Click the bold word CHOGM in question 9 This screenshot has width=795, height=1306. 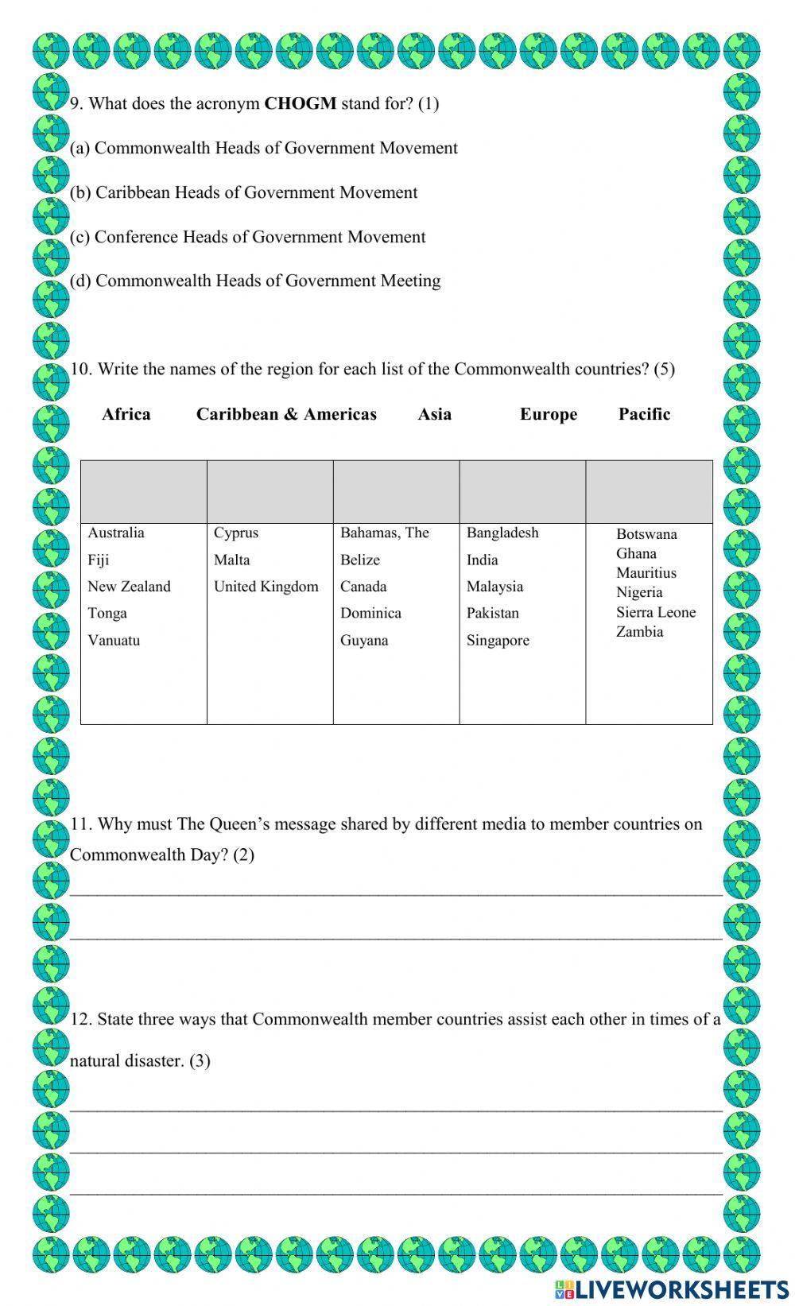point(300,103)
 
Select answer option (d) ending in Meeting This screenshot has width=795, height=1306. point(255,281)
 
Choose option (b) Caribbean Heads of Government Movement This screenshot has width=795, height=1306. point(243,192)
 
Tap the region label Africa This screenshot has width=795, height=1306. point(126,414)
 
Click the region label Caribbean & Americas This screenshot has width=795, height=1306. point(286,414)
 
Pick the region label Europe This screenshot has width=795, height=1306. point(549,415)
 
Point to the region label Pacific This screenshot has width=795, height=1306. point(644,414)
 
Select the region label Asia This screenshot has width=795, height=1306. point(434,414)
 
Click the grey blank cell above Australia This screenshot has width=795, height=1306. point(144,491)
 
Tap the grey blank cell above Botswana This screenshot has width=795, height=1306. point(649,491)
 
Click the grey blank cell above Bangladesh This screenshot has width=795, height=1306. point(522,491)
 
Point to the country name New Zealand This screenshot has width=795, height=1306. point(129,587)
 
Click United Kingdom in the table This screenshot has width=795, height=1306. point(266,587)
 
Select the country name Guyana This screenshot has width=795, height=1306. point(364,641)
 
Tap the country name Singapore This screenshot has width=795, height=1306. point(498,641)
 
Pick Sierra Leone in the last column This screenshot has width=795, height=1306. point(656,612)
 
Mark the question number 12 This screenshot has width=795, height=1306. point(80,1020)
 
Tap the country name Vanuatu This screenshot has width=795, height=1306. point(114,641)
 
